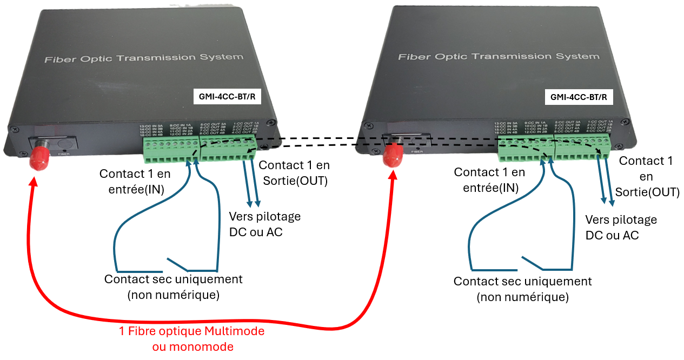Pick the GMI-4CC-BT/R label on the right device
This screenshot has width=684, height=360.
click(x=578, y=98)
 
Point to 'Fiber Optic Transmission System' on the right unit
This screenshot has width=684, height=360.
click(x=499, y=56)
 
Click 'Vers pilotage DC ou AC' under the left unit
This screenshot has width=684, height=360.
click(x=264, y=224)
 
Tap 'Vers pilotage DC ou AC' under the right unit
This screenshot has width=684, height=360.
click(x=621, y=228)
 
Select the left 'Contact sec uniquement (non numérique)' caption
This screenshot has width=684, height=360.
click(x=173, y=286)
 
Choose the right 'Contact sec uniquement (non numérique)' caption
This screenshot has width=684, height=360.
click(x=522, y=289)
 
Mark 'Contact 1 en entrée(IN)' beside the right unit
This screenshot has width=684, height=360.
click(x=489, y=180)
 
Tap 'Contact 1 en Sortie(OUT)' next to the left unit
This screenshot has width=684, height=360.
click(x=294, y=172)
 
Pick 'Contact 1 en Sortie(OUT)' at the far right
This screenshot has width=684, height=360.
click(x=646, y=176)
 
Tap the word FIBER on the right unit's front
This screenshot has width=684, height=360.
click(x=416, y=152)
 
